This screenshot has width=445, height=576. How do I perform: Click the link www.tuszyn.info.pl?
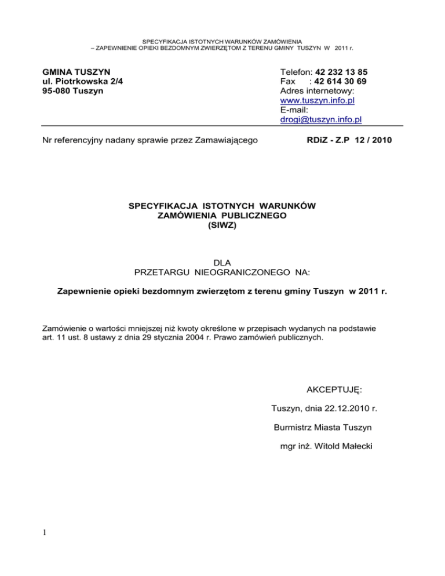tap(317, 101)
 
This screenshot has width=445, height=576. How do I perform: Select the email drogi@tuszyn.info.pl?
tap(320, 119)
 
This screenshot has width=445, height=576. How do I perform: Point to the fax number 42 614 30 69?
tap(340, 82)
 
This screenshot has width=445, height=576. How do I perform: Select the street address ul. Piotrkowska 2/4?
tap(82, 82)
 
